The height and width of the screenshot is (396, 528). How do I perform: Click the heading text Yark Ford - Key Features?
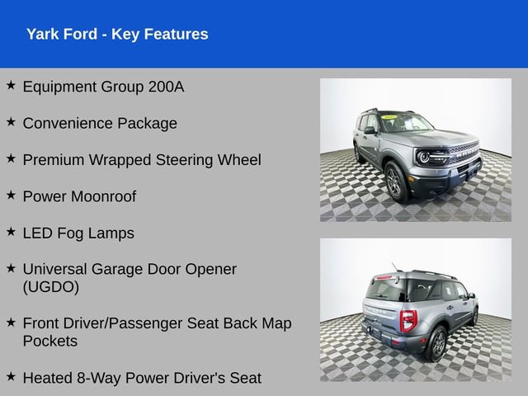(x=117, y=34)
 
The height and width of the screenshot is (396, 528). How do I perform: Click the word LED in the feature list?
(x=38, y=233)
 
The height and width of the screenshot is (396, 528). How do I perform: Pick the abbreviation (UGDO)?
(x=51, y=287)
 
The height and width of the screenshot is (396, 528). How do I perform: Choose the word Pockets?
(x=49, y=341)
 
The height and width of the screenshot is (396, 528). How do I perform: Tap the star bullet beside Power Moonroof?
(x=11, y=196)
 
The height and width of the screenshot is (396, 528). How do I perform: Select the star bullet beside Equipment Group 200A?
(x=11, y=85)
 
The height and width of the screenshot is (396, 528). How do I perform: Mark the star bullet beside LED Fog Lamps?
(x=11, y=232)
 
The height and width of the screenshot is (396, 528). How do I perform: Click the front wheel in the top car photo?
(x=394, y=181)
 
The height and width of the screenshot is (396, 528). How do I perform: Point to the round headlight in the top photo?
(x=424, y=157)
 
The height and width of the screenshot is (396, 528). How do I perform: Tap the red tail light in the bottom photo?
(x=408, y=321)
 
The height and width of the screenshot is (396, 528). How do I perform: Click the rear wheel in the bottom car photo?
(x=437, y=343)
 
